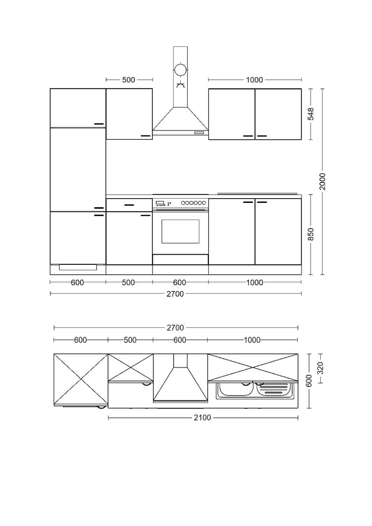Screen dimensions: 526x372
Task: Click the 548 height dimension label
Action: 311,114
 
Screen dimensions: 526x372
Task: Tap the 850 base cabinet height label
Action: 311,234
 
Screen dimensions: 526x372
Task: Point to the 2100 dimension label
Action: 202,418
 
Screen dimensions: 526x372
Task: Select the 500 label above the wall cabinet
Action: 129,80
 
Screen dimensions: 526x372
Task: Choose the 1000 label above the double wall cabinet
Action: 254,80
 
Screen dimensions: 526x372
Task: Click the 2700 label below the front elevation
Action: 175,294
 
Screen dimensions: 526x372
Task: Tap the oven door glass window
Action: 180,231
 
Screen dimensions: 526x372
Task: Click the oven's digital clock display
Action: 160,203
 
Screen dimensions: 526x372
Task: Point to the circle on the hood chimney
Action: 180,70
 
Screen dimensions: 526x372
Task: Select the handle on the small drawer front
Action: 129,205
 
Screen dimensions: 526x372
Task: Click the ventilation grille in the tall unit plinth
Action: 78,267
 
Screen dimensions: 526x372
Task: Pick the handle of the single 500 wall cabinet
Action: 145,136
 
